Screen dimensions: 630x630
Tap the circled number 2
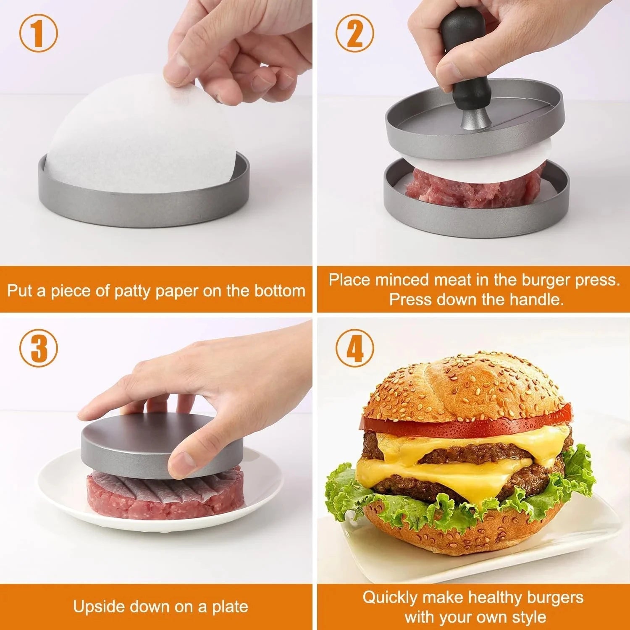point(354,33)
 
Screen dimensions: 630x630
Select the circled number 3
point(38,348)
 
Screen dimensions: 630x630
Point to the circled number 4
point(354,348)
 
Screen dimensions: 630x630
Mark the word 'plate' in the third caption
point(229,606)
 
